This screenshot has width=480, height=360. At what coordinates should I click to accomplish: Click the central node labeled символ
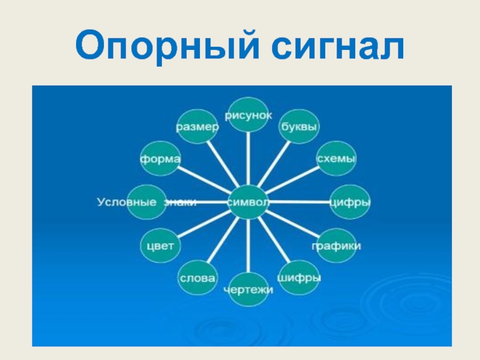pyautogui.click(x=248, y=202)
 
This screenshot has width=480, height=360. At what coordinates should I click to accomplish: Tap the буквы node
pyautogui.click(x=299, y=127)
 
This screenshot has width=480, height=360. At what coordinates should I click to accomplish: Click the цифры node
pyautogui.click(x=350, y=202)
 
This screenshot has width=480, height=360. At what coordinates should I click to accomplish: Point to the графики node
pyautogui.click(x=336, y=246)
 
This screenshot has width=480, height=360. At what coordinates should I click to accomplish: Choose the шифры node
pyautogui.click(x=299, y=278)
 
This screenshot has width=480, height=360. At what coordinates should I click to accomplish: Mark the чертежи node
pyautogui.click(x=248, y=290)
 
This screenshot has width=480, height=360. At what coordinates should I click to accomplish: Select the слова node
pyautogui.click(x=198, y=278)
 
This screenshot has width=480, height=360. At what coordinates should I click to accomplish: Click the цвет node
pyautogui.click(x=160, y=246)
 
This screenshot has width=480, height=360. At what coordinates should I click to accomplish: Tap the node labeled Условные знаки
pyautogui.click(x=147, y=202)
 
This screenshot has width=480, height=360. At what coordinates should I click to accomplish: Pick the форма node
pyautogui.click(x=160, y=159)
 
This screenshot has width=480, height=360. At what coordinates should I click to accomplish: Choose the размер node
pyautogui.click(x=197, y=127)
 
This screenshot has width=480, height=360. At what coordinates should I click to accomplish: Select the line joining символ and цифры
pyautogui.click(x=300, y=202)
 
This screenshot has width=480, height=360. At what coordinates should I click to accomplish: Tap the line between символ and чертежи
pyautogui.click(x=248, y=246)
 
